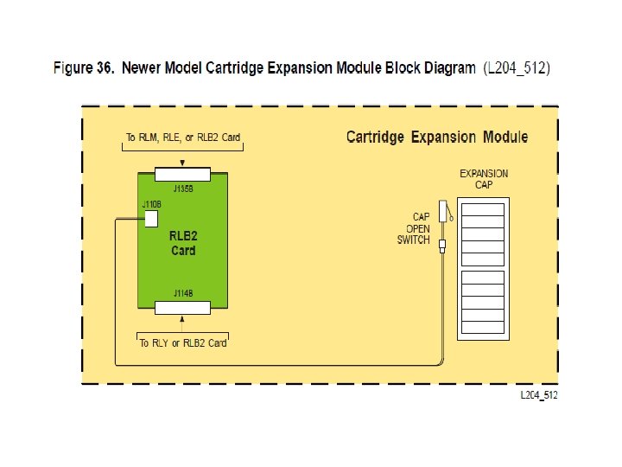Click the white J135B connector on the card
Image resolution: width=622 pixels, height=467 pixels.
181,173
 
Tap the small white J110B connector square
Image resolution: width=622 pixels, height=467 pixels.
151,218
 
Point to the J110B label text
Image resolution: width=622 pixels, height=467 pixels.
151,204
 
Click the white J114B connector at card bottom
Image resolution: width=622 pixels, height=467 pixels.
181,307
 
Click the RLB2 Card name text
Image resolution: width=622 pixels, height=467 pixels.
182,243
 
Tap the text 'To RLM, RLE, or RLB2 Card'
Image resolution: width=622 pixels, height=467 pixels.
182,137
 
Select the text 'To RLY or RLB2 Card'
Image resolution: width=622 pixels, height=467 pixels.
182,343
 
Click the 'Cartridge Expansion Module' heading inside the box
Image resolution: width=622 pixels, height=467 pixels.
436,137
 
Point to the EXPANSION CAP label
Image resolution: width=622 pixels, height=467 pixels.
484,179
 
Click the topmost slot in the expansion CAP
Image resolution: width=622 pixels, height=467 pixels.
484,209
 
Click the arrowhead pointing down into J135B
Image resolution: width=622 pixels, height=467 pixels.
181,163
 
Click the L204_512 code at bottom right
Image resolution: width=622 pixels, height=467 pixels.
538,394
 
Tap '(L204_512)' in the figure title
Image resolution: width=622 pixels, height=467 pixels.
516,67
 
